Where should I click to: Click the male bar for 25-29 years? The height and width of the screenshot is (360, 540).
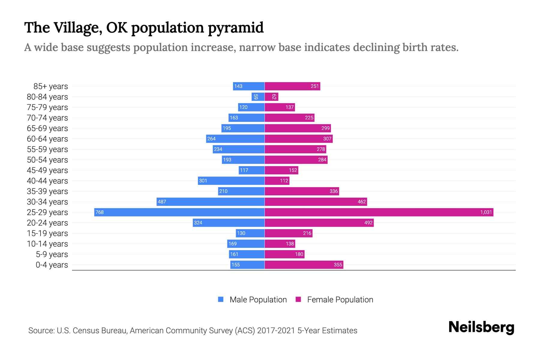(x=179, y=212)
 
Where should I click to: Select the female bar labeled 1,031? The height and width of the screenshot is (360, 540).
(x=379, y=212)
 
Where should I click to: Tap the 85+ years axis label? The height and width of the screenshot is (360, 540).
(x=51, y=86)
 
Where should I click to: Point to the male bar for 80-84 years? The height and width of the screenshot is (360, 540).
(x=258, y=97)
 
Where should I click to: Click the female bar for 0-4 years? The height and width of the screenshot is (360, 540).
(x=304, y=265)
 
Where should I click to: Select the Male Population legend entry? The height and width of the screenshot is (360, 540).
(x=252, y=299)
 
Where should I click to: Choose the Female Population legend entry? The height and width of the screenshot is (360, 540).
(x=334, y=299)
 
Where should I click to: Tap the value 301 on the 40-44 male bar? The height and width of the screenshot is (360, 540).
(x=203, y=181)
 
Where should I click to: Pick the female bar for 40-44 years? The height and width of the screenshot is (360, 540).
(x=277, y=181)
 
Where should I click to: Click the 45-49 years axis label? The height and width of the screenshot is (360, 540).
(x=47, y=170)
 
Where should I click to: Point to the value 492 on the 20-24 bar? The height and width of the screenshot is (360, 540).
(x=368, y=223)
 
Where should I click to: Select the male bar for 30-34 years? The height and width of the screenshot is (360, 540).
(x=211, y=202)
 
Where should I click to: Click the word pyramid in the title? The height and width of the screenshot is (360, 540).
(x=235, y=28)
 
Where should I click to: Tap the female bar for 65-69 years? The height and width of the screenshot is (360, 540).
(x=298, y=128)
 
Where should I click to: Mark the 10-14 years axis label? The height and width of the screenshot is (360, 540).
(x=47, y=244)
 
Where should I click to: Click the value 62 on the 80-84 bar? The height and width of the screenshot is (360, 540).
(x=274, y=97)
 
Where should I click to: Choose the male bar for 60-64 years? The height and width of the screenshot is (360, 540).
(x=235, y=139)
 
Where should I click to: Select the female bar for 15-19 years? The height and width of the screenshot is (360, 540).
(x=289, y=233)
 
